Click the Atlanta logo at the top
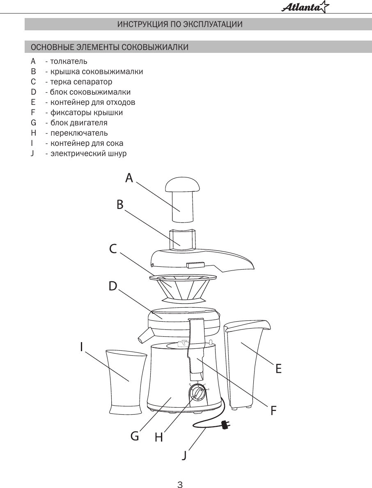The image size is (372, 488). [305, 7]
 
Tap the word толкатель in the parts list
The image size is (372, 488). [69, 61]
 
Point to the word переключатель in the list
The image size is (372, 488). [79, 133]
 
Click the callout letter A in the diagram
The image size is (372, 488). [129, 178]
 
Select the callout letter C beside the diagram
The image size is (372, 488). [113, 249]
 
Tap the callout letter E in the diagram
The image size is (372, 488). [278, 369]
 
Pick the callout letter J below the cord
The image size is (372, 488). [185, 455]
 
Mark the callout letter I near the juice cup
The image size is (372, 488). [81, 347]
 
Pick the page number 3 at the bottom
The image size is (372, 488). [180, 484]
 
